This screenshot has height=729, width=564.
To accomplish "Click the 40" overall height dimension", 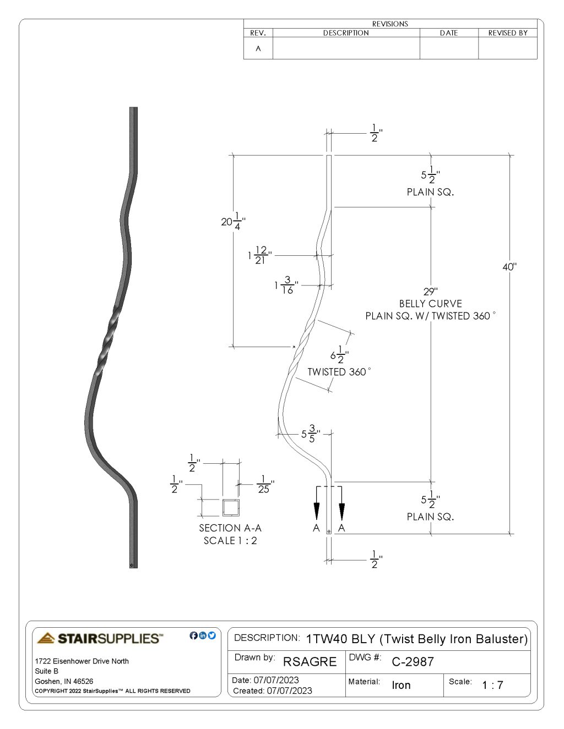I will [x=509, y=267].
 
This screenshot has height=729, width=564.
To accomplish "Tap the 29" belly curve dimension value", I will [x=430, y=292].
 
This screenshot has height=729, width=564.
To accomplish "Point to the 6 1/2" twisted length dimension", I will [x=339, y=355].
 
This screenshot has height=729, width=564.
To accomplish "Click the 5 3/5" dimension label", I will [x=310, y=434].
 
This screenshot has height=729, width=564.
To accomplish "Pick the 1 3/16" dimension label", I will [x=286, y=285].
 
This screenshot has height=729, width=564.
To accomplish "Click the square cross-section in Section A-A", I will [x=231, y=507].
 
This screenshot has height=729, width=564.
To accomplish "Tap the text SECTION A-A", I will [x=230, y=528].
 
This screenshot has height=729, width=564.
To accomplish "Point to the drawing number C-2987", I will [x=413, y=662].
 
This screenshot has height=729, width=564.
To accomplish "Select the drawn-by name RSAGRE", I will [x=310, y=662].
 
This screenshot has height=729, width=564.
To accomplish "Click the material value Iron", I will [x=401, y=686].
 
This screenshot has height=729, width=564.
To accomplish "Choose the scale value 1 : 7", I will [x=492, y=686].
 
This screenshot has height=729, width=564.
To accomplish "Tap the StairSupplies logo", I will [x=100, y=638].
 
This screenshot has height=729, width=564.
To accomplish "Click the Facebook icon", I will [x=193, y=635].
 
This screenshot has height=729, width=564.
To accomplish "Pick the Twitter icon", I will [x=212, y=635].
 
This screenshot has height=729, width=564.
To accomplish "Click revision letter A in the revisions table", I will [x=258, y=48].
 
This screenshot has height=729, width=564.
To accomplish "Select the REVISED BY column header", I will [x=508, y=33].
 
